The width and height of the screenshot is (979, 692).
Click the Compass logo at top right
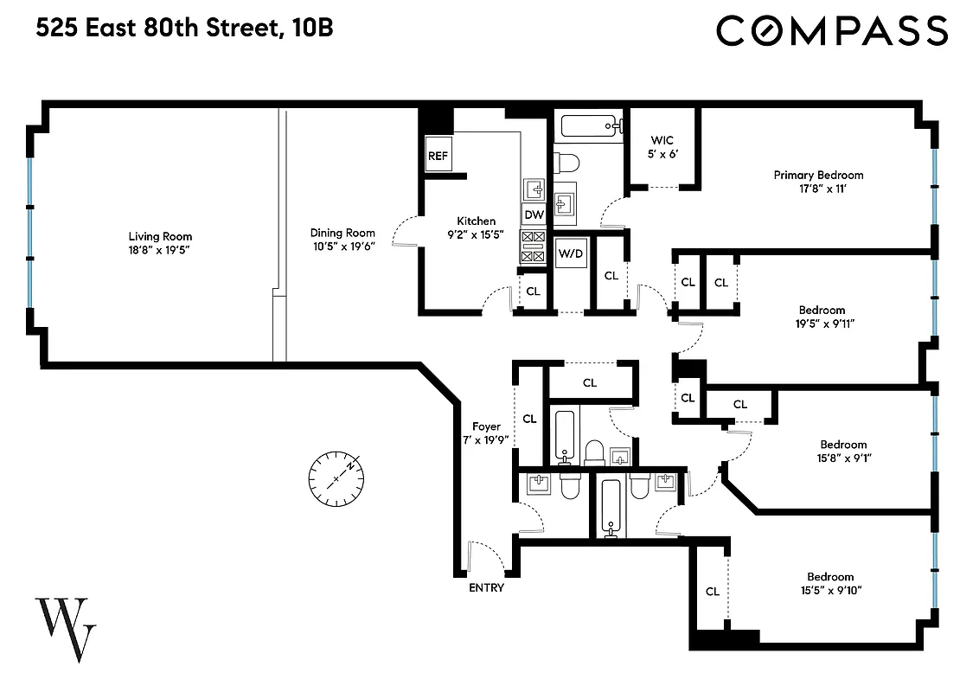[x=831, y=31]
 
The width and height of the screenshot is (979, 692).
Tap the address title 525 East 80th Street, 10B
[x=184, y=29]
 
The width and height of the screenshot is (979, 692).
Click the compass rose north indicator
[x=336, y=478]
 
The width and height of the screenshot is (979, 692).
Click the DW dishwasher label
[x=534, y=215]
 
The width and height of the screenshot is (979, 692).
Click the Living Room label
[x=160, y=236]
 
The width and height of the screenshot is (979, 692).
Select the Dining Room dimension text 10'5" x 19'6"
[x=342, y=247]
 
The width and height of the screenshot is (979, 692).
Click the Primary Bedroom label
[x=817, y=175]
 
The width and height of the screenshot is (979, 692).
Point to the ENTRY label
[x=486, y=588]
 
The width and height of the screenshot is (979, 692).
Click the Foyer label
[x=486, y=426]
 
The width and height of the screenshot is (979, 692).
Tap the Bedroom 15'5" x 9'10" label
[x=830, y=577]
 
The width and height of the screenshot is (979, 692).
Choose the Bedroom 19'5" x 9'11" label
[x=822, y=310]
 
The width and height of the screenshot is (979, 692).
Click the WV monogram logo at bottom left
[x=66, y=629]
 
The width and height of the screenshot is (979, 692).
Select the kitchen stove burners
[x=533, y=245]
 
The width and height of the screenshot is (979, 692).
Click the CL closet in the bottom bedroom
[x=712, y=592]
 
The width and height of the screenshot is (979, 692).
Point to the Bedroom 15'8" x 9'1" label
[x=843, y=445]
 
